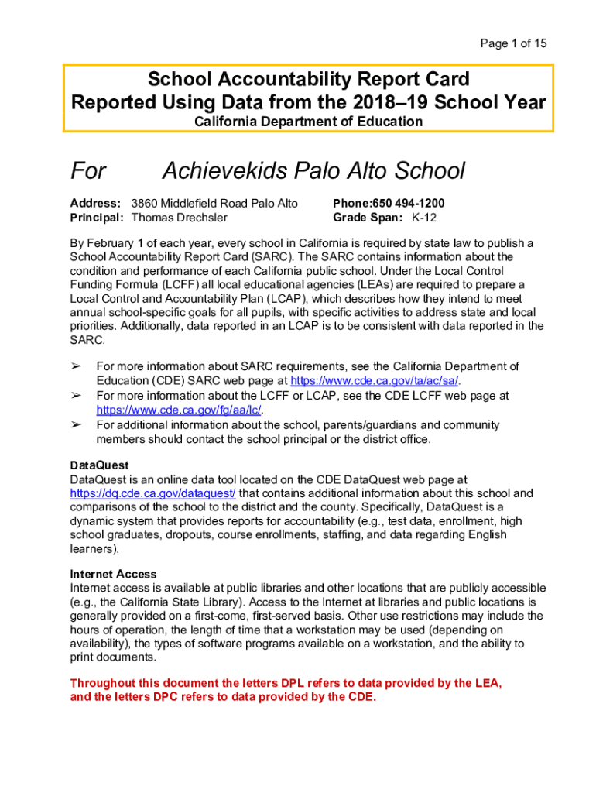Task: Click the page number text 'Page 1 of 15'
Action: click(x=513, y=43)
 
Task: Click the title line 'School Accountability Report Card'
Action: click(x=308, y=80)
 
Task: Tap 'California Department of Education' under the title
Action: click(x=308, y=122)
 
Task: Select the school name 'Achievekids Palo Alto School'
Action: click(x=313, y=170)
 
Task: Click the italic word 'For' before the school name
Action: click(x=89, y=170)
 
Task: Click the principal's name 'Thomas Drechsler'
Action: click(x=180, y=218)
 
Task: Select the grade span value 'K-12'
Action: click(x=424, y=218)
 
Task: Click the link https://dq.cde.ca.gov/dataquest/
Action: click(x=153, y=493)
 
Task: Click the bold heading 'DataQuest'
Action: click(x=98, y=466)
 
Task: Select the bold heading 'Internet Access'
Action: click(x=113, y=575)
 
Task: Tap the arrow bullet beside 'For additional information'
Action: click(x=76, y=424)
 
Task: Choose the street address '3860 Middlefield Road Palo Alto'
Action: click(x=214, y=204)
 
